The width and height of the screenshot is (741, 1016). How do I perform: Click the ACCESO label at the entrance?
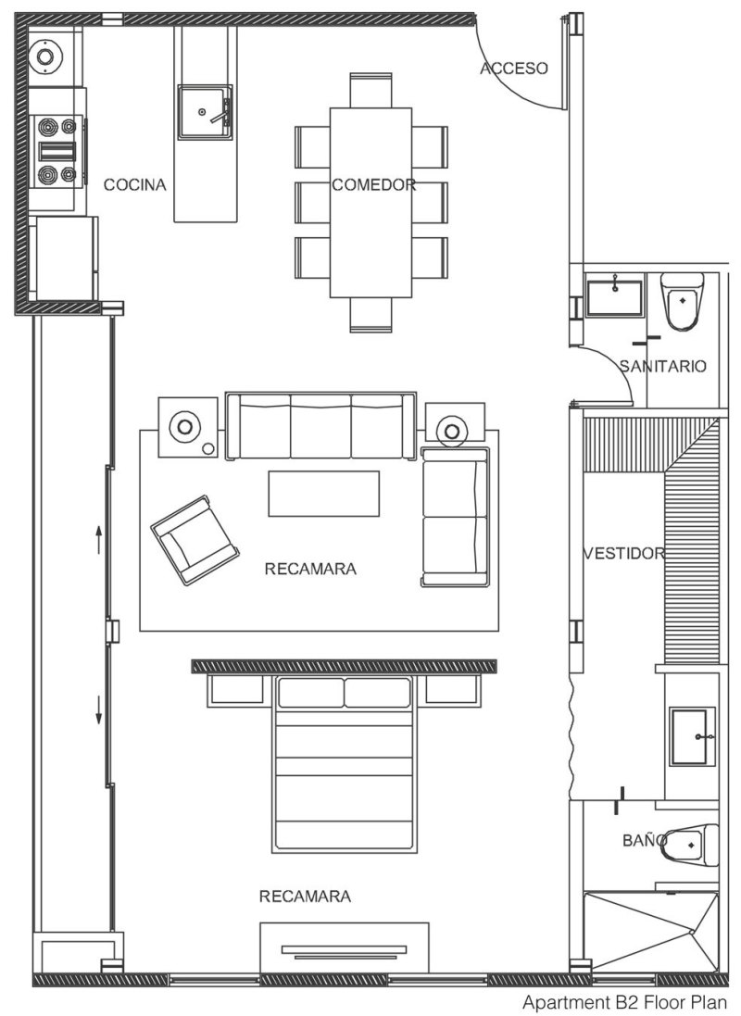(x=513, y=68)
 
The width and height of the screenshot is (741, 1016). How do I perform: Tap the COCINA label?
(x=135, y=184)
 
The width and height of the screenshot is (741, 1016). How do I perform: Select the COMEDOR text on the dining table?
(x=373, y=184)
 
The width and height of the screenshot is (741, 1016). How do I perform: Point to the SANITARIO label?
(x=662, y=366)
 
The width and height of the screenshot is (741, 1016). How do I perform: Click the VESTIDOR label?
(x=624, y=553)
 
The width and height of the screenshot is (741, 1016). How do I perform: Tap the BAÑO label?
(x=645, y=840)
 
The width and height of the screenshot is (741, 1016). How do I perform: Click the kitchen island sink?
(x=205, y=112)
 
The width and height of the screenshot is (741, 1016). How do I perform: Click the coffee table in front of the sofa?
(x=324, y=494)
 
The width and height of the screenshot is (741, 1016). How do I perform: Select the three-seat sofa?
(x=320, y=426)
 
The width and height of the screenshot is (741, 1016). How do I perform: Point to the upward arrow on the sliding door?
(x=98, y=539)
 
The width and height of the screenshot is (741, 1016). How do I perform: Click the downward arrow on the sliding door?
(x=98, y=709)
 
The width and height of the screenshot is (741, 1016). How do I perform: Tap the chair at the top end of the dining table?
(x=370, y=90)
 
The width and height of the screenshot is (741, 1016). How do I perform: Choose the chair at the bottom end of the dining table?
(x=370, y=316)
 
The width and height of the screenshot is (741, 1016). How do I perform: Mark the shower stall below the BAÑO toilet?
(x=650, y=934)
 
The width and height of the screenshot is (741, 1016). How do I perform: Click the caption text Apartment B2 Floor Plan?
(x=625, y=1002)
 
